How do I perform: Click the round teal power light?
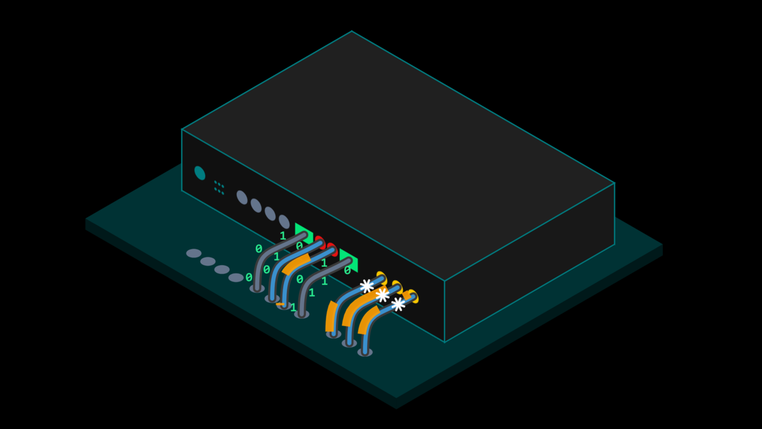coord(199,173)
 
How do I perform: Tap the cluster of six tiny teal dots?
coord(219,188)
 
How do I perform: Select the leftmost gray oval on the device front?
coord(242,198)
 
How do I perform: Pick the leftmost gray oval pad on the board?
coord(194,254)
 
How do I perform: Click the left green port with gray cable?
coord(304,233)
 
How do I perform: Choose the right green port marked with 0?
coord(349,261)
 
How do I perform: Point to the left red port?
coord(320,242)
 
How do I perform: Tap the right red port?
coord(331,250)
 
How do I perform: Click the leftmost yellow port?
coord(382,278)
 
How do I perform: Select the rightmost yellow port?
coord(413,296)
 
